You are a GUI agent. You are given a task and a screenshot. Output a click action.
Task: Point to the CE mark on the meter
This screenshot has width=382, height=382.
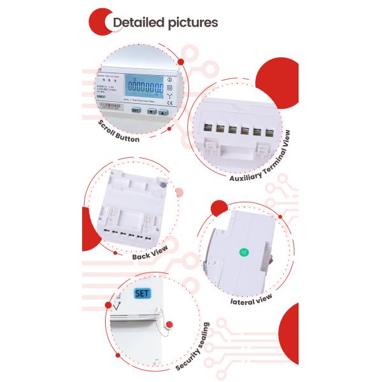[x=169, y=102]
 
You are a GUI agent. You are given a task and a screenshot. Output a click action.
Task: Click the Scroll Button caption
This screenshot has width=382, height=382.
[x=119, y=129]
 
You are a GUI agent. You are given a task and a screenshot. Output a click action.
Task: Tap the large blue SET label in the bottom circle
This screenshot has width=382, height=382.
[x=141, y=294]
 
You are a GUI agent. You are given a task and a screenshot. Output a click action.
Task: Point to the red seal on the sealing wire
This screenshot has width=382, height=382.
[x=167, y=326]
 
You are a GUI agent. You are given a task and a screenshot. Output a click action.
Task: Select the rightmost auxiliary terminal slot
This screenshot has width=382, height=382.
[x=267, y=132]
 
